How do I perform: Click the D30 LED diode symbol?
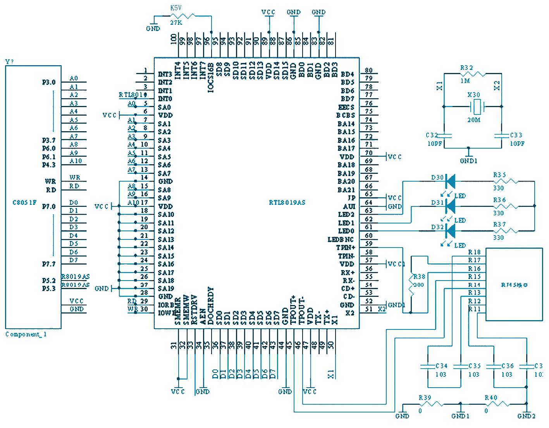(x=450, y=181)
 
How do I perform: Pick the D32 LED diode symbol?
(x=450, y=231)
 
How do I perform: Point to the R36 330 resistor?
(x=506, y=206)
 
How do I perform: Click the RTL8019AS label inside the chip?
(x=287, y=203)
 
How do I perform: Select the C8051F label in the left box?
(x=24, y=203)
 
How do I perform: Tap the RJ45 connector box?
(x=514, y=284)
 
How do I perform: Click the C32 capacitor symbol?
(x=444, y=135)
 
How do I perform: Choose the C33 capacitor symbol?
(x=502, y=135)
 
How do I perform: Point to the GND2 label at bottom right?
(x=526, y=416)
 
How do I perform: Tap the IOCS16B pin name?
(x=211, y=78)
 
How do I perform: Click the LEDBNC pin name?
(x=341, y=239)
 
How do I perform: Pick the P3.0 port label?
(x=49, y=82)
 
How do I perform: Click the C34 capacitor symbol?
(x=428, y=366)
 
